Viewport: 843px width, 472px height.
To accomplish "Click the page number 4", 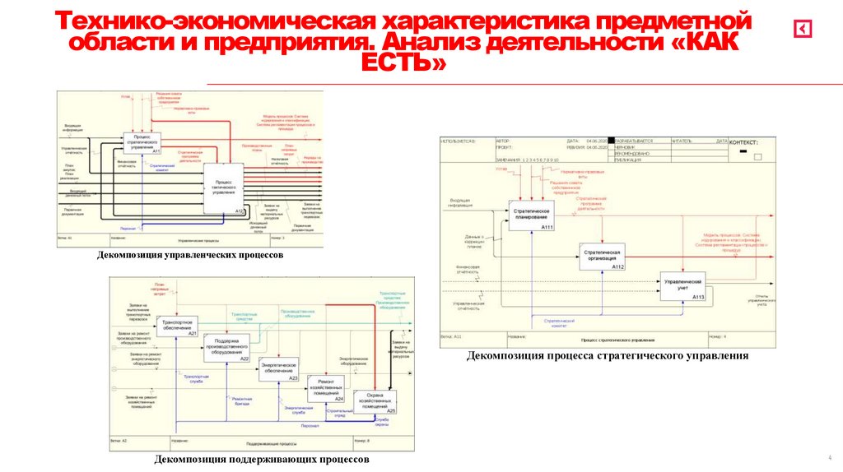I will [x=829, y=457].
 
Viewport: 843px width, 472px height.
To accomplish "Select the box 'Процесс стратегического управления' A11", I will [x=142, y=142].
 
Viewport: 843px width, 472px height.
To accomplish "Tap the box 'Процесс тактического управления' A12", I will [x=224, y=189].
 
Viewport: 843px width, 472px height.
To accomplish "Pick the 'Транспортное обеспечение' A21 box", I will [x=178, y=326].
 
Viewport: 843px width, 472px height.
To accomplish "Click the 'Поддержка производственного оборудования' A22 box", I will [x=226, y=348].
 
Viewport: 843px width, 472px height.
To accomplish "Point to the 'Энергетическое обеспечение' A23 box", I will [x=278, y=369].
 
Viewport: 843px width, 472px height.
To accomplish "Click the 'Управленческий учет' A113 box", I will [x=682, y=288].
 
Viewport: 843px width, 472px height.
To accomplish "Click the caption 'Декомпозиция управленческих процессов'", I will [x=190, y=255].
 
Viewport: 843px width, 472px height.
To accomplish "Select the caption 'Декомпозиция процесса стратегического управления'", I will [x=608, y=356].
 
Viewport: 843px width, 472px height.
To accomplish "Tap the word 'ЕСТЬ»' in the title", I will [x=403, y=63].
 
